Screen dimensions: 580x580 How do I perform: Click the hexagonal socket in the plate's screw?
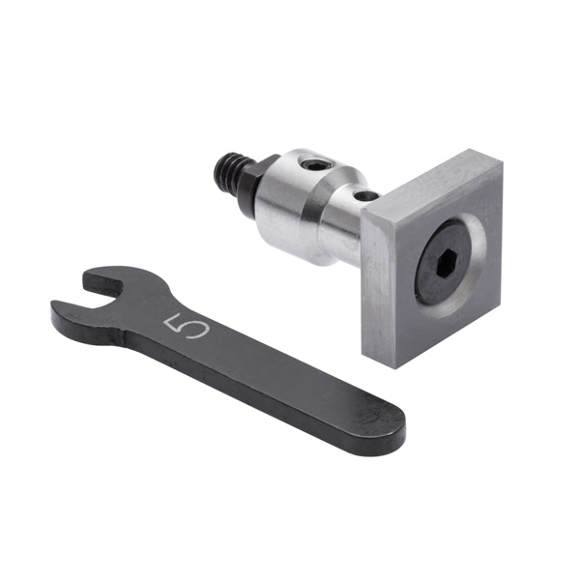tap(448, 262)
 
